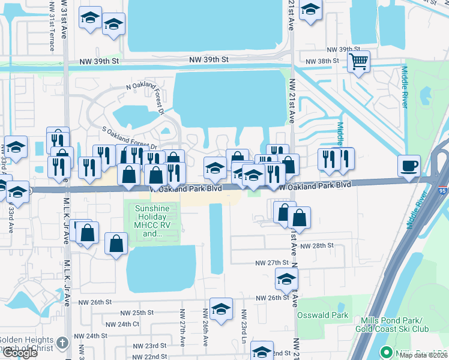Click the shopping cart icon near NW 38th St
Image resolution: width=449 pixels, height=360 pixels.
tap(358, 61)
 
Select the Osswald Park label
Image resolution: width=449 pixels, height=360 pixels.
tap(322, 314)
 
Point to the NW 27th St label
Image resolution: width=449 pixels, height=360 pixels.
tap(272, 263)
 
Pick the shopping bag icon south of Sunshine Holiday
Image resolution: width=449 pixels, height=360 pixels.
tap(116, 243)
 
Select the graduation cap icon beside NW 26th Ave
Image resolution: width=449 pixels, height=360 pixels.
tap(221, 308)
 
